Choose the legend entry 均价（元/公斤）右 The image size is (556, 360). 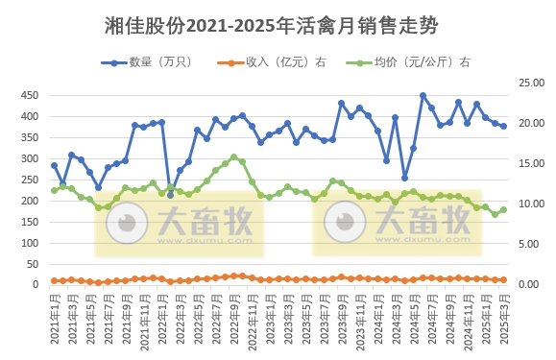coord(406,62)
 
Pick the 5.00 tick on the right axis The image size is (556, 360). coord(529,244)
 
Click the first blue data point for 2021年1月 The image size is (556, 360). coord(54,165)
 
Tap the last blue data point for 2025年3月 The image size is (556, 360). coord(503,126)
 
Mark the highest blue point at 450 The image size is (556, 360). coord(423,96)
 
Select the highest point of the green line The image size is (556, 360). coord(233,156)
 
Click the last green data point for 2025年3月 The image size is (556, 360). coord(503,209)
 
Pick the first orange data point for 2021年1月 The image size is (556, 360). coord(54,280)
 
